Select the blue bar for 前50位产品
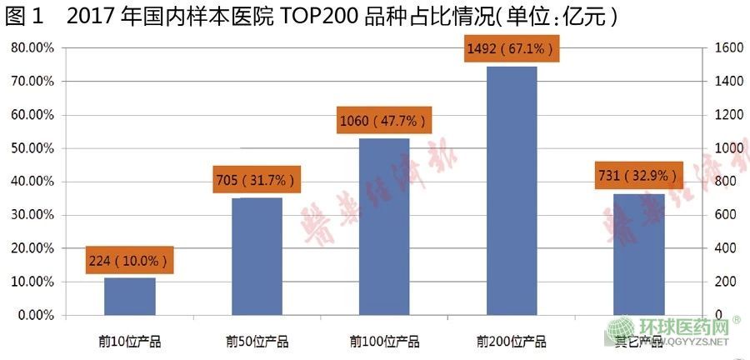tap(257, 256)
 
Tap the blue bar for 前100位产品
tap(384, 227)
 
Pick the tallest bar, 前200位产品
tap(512, 190)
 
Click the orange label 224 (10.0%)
tap(129, 261)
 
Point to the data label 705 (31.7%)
tap(257, 179)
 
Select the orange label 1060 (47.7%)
tap(383, 121)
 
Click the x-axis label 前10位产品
tap(129, 342)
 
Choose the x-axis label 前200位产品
tap(512, 342)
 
